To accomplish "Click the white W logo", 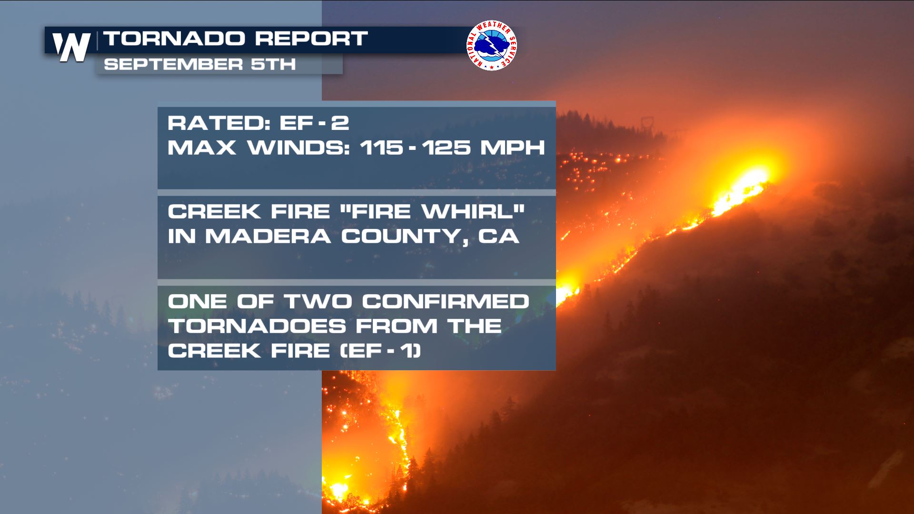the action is [71, 47].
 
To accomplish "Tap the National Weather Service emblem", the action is [492, 45].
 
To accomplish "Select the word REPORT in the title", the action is [311, 39].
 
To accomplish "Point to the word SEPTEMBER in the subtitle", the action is [173, 64].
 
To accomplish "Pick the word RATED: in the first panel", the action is [219, 123].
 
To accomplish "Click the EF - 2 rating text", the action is [314, 123].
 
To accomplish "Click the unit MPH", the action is [513, 148].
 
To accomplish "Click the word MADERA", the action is [268, 237].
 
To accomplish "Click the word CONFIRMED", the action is [446, 301].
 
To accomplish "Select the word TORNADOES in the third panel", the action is [257, 326].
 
